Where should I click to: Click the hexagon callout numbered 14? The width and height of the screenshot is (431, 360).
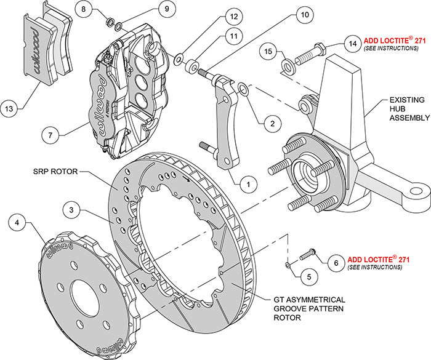coord(352,44)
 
